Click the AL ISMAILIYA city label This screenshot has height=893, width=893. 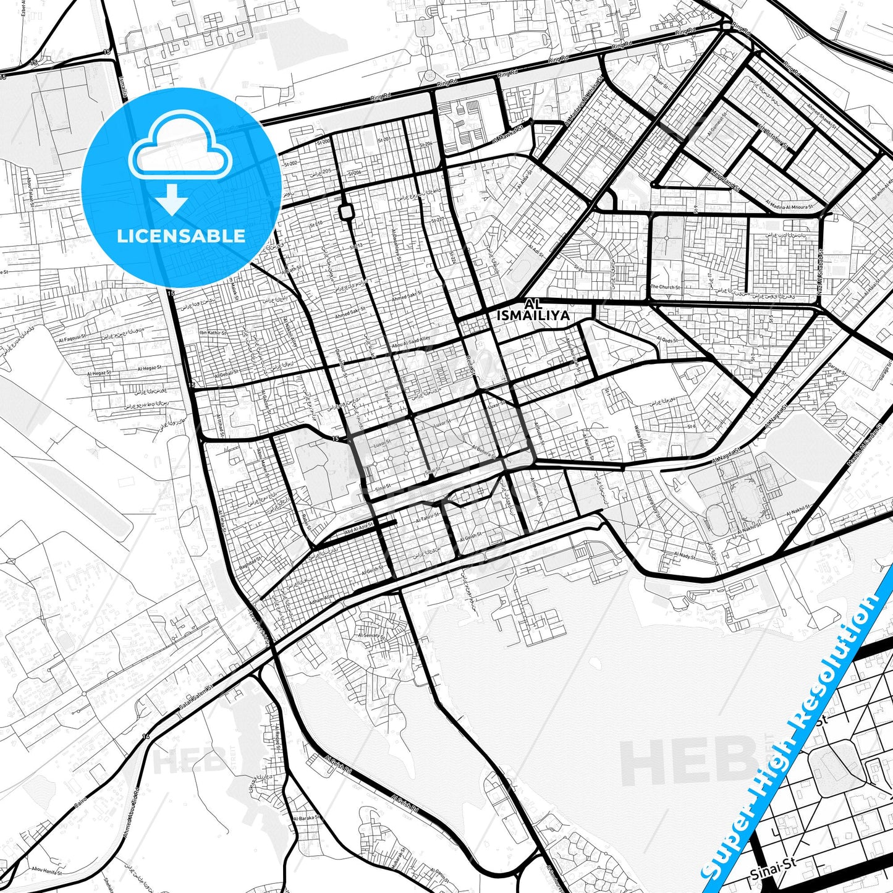[533, 310]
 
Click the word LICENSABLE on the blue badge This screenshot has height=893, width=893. [181, 235]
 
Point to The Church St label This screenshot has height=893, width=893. [665, 287]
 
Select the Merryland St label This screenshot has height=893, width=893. [726, 180]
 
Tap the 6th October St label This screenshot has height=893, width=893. [772, 137]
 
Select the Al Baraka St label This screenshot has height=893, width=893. [307, 818]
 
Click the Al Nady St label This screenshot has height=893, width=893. [685, 556]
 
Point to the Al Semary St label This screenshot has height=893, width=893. [371, 636]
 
